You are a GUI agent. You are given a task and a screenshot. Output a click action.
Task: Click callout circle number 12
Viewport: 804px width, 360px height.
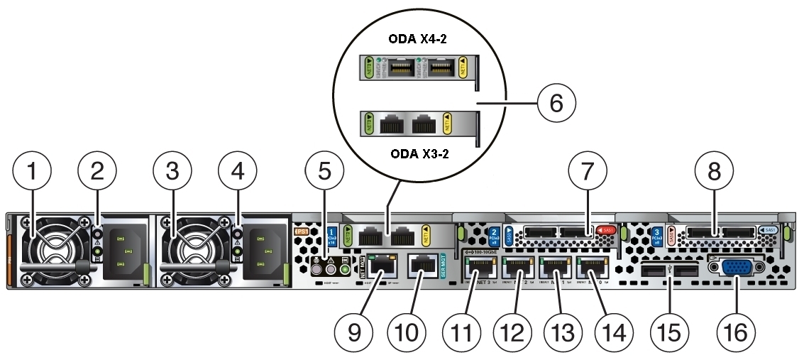click(516, 331)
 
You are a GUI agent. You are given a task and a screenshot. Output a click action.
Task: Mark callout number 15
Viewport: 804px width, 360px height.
click(670, 331)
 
